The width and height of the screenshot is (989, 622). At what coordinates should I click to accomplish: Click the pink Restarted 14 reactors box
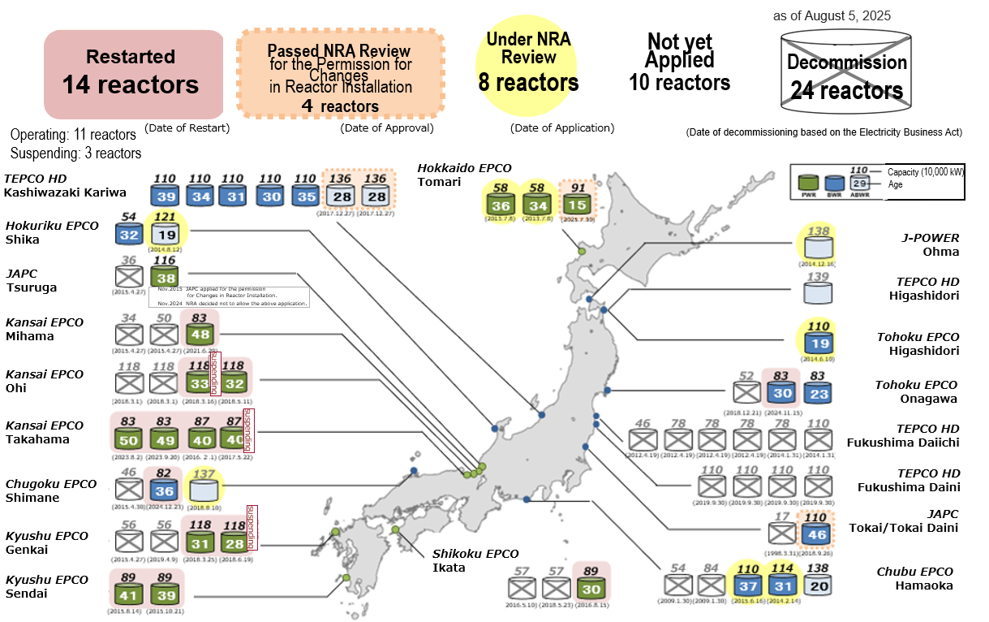pos(133,74)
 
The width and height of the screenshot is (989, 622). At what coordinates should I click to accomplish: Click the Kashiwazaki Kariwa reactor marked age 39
pos(166,196)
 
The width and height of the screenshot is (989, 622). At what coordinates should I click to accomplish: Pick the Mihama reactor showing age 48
pos(200,333)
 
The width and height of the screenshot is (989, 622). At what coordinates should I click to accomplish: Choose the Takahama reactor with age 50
pos(128,438)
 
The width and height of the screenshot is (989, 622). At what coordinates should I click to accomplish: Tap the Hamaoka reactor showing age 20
pos(819,586)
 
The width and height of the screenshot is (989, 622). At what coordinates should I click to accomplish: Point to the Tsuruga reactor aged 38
pos(165,275)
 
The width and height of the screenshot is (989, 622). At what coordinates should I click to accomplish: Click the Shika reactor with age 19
pos(165,234)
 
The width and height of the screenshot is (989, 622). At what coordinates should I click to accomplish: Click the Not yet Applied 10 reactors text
pos(680,63)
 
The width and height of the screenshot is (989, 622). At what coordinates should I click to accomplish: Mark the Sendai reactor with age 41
pos(129,594)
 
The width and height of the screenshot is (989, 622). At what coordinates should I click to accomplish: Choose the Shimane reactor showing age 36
pos(165,490)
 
